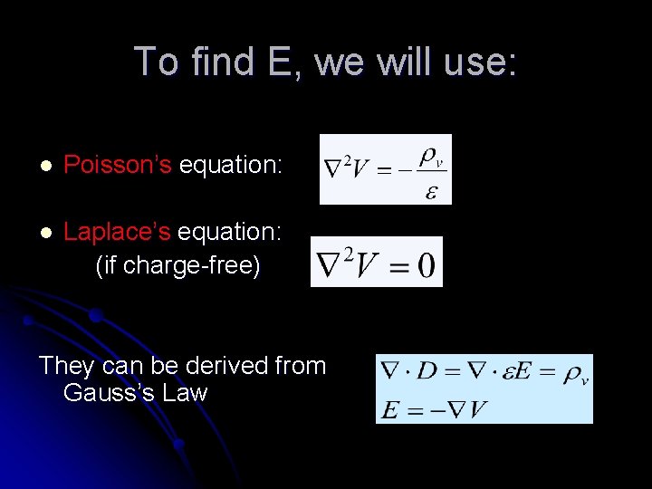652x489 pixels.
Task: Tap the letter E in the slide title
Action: (x=277, y=62)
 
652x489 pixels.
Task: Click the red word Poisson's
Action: (x=118, y=165)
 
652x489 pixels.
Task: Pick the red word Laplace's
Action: (x=117, y=232)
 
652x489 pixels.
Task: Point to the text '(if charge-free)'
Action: (x=177, y=265)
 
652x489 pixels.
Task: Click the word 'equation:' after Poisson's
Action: (x=231, y=165)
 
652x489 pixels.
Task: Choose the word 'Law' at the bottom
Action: (x=185, y=393)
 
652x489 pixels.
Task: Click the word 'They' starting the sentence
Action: (x=67, y=366)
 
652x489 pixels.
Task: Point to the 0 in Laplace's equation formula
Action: (x=424, y=265)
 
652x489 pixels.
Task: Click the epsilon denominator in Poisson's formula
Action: (x=431, y=191)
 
